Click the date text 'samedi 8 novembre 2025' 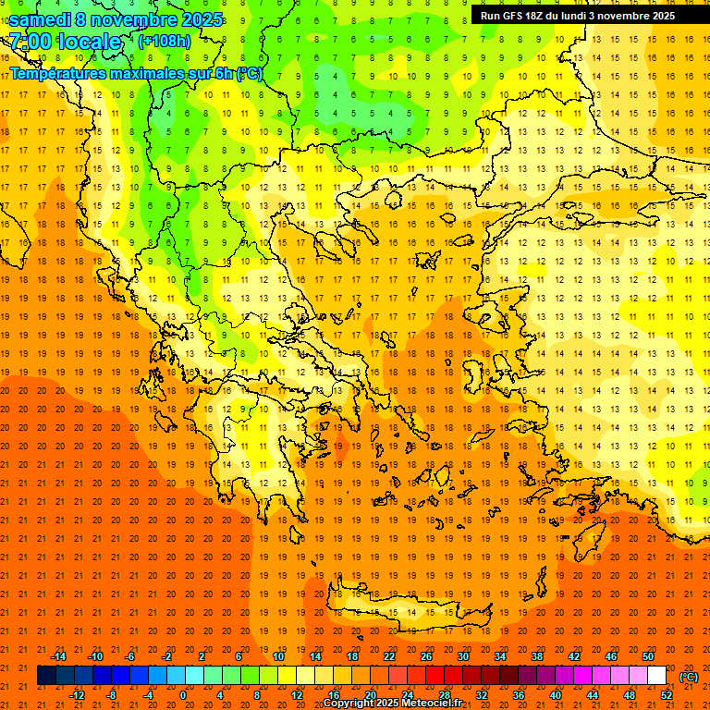[x=116, y=19]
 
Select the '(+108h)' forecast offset [x=165, y=42]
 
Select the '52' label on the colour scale [x=667, y=695]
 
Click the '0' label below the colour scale [x=183, y=695]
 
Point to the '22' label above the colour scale [x=389, y=656]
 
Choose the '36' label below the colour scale [x=519, y=695]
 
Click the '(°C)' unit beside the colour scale [x=689, y=677]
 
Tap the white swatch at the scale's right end [x=657, y=676]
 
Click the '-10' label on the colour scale [x=95, y=656]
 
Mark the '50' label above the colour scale [x=648, y=656]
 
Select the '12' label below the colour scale [x=297, y=695]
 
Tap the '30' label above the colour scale [x=463, y=656]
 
